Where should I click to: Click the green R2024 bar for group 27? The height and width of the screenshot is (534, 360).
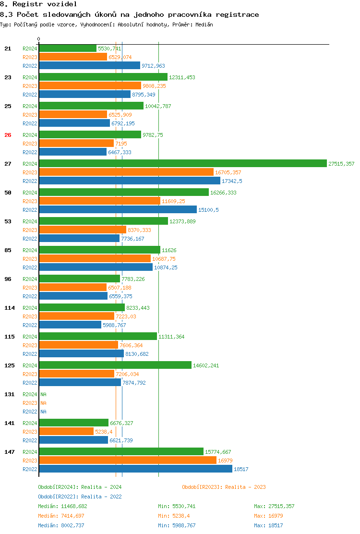[182, 164]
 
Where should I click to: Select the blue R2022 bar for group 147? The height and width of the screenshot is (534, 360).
[135, 469]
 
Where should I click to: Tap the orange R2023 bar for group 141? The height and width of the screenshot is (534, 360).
[66, 432]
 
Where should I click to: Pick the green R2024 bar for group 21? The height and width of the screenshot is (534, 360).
[68, 49]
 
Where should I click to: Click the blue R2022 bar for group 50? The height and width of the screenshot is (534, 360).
[118, 210]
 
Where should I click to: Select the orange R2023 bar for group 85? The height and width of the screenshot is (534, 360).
[95, 259]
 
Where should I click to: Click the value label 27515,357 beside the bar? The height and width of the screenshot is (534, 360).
[341, 164]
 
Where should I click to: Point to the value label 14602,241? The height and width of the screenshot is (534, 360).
[206, 365]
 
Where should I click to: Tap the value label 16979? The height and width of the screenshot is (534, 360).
[225, 461]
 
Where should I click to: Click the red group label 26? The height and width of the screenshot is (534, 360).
[8, 135]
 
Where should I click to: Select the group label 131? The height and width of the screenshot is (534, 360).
[9, 394]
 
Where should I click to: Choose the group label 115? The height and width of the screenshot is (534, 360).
[9, 337]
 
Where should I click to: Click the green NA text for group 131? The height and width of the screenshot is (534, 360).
[43, 394]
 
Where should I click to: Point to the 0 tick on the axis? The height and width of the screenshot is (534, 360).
[39, 39]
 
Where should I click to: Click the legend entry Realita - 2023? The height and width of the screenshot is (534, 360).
[224, 487]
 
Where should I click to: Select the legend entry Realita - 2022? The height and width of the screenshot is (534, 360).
[80, 497]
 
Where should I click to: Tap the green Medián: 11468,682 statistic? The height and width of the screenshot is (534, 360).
[62, 506]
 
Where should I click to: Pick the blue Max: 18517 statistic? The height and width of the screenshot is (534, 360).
[268, 525]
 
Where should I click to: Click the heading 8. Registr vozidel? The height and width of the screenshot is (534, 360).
[38, 4]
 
